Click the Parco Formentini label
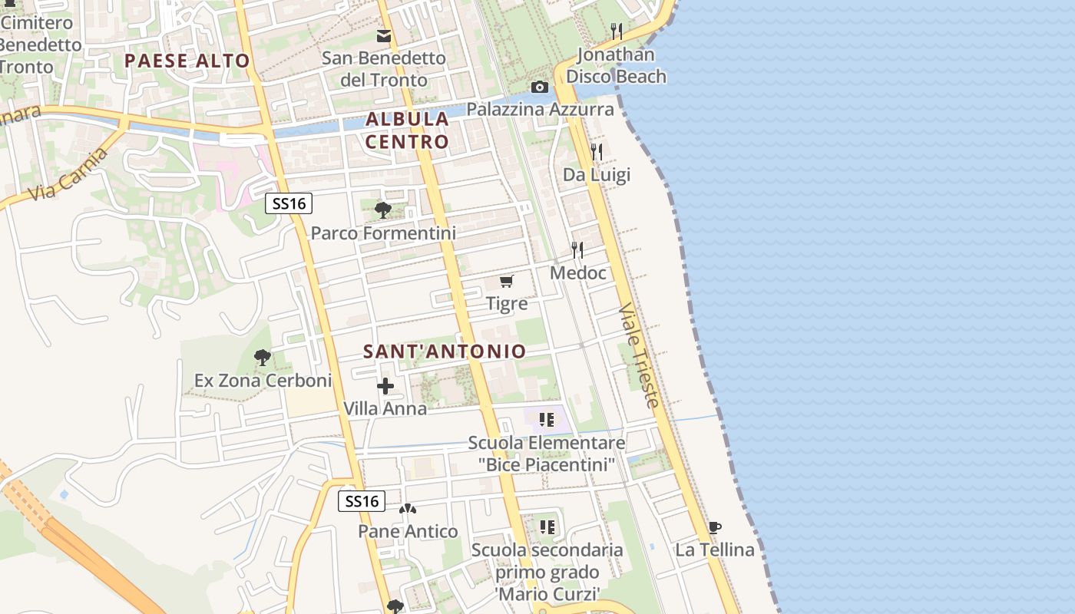383,233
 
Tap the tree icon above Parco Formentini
382,209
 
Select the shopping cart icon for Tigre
506,282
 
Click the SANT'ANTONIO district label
445,352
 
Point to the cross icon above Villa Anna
385,386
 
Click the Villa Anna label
385,408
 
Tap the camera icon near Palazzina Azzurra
540,87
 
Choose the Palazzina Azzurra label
541,109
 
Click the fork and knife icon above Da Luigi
597,151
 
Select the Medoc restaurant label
578,273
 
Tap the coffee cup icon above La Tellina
714,527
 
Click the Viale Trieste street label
638,355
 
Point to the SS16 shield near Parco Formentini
289,203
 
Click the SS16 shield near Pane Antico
362,501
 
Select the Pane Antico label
408,531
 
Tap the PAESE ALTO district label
187,61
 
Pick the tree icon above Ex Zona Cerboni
262,357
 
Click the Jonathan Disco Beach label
616,65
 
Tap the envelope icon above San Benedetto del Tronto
383,35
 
